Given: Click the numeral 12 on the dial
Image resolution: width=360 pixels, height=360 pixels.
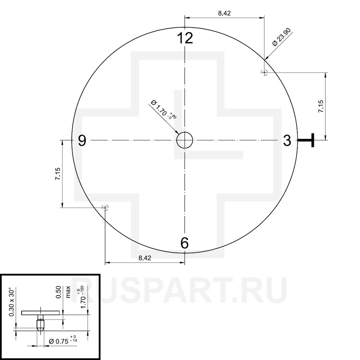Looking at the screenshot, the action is tap(185, 38).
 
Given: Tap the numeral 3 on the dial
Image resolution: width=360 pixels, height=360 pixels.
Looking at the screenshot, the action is tap(287, 140).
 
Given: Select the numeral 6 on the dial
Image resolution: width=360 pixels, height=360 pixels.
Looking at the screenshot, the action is tap(185, 243).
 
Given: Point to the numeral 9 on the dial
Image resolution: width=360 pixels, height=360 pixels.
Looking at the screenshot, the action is tap(82, 140).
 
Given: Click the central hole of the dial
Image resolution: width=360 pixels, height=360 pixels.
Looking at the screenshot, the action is tap(185, 140).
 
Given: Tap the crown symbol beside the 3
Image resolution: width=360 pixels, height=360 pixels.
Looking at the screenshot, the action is tap(306, 140).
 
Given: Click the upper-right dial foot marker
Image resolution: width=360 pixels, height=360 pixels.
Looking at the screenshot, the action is tap(264, 73).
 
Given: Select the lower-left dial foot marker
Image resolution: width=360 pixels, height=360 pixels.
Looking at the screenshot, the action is tap(105, 208).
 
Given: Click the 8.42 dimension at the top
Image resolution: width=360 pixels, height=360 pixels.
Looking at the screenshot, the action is tap(224, 13).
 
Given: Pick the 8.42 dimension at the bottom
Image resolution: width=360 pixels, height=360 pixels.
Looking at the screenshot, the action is tap(145, 258).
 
